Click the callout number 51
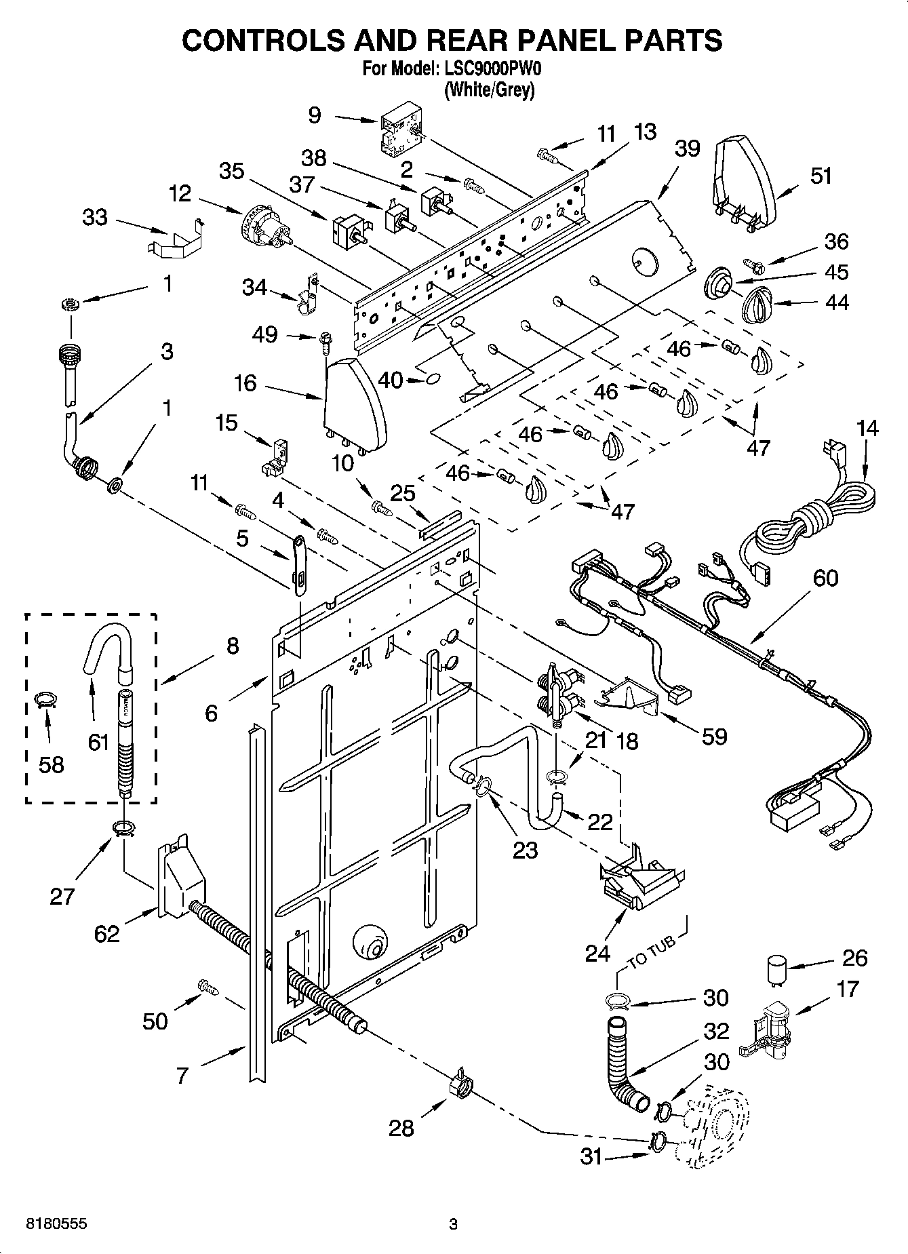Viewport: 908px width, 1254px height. coord(821,176)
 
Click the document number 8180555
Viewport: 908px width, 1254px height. coord(56,1224)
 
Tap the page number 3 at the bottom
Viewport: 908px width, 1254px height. coord(453,1224)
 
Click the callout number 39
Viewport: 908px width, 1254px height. coord(687,149)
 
